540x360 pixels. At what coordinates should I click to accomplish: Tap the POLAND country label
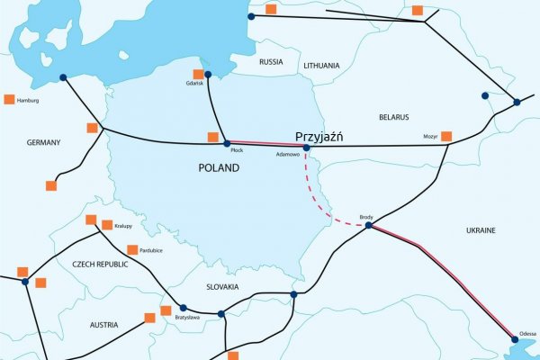tap(220, 167)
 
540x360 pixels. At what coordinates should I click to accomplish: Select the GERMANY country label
tap(43, 142)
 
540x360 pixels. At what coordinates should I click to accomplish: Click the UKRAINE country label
tap(481, 231)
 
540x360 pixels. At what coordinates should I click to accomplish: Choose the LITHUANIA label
tap(321, 66)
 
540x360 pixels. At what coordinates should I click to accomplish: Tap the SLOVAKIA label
tap(221, 287)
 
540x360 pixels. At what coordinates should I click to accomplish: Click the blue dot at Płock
tap(227, 144)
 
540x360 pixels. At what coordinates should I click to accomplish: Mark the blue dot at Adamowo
tap(306, 147)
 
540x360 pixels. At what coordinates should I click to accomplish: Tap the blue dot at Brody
tap(369, 225)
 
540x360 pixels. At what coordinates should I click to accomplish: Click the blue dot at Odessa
tap(515, 340)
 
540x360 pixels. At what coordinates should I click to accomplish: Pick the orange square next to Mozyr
tap(446, 136)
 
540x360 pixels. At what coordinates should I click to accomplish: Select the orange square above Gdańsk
tap(198, 75)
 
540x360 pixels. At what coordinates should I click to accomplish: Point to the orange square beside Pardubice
tap(132, 249)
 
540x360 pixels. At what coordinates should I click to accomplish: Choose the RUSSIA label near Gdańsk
tap(271, 62)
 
